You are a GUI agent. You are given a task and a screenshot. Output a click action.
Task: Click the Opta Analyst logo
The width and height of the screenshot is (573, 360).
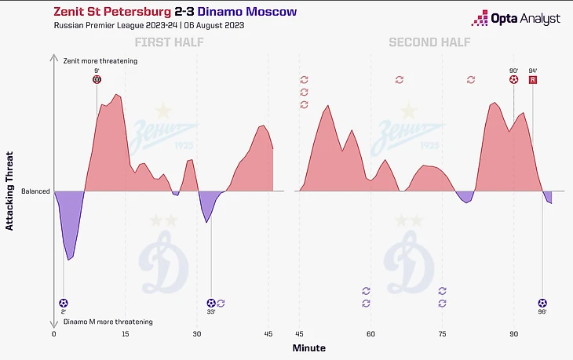(x=516, y=18)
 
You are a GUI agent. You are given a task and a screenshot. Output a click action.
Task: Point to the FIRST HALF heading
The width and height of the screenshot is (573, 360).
(x=169, y=42)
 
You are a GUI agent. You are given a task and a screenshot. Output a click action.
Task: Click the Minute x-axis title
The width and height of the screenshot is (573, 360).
(x=309, y=347)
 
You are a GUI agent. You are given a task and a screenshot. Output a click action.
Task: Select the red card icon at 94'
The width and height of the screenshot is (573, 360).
(x=533, y=79)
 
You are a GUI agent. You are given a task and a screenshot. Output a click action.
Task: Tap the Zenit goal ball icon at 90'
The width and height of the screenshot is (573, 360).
(x=513, y=79)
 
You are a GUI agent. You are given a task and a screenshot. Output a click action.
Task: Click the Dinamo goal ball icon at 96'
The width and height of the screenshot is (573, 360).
(x=542, y=303)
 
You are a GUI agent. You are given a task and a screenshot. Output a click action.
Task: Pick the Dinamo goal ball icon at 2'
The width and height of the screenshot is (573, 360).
(x=64, y=303)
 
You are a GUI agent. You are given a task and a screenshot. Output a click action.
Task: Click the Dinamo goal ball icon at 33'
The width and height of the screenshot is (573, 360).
(x=210, y=303)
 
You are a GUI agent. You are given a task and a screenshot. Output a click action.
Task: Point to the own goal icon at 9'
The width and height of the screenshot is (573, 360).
(x=97, y=79)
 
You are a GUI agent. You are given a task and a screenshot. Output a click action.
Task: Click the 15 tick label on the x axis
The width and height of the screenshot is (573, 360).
(x=126, y=333)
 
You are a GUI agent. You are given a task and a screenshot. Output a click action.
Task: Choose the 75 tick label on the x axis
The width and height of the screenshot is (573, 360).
(x=443, y=333)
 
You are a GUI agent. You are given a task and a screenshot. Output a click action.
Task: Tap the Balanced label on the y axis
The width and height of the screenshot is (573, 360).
(x=35, y=191)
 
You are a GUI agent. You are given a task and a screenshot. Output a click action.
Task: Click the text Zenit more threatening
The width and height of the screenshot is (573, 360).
(x=100, y=60)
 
